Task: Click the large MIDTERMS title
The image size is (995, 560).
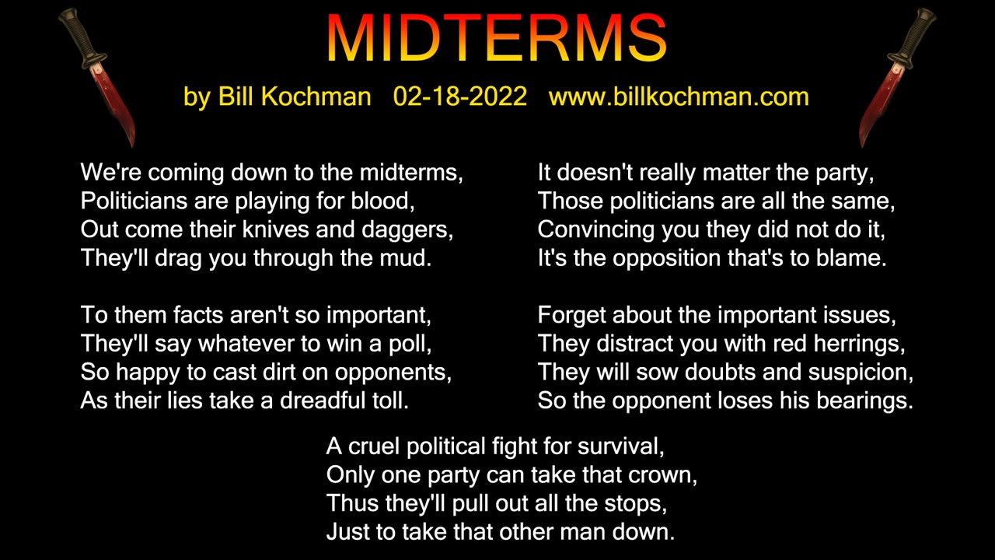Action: tap(497, 39)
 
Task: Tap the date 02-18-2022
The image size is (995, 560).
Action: tap(459, 96)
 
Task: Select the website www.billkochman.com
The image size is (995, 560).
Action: tap(679, 96)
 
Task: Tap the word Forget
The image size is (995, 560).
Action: tap(571, 315)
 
